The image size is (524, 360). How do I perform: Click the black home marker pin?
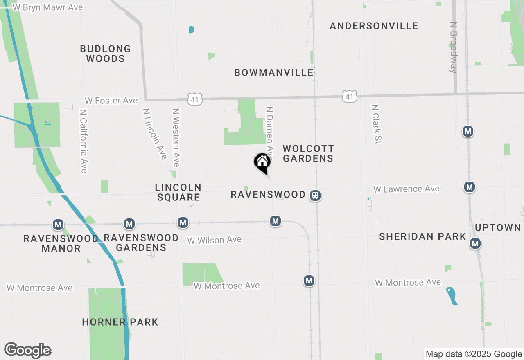point(262,162)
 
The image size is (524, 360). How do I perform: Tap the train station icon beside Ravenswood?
point(315,196)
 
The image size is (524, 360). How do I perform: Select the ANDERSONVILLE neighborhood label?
point(374,26)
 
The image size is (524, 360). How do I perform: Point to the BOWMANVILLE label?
point(274,72)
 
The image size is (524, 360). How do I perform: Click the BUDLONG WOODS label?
point(105,54)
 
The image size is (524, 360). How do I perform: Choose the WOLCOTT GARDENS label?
point(308,153)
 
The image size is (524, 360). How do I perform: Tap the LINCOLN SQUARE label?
point(178,192)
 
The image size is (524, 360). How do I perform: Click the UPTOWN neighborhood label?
point(498,227)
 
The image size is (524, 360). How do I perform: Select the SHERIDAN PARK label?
point(422,236)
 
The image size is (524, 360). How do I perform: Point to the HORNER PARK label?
point(120,322)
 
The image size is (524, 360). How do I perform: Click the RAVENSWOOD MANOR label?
point(61,243)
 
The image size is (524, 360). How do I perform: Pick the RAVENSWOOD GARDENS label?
point(141,243)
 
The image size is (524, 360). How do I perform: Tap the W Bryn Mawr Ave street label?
point(47,7)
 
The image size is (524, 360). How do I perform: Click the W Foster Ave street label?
point(111,100)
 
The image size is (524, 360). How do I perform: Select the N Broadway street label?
point(453,47)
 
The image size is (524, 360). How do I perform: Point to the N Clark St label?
point(376,124)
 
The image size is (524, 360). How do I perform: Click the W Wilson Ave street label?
point(215,240)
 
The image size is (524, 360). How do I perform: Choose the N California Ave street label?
point(84,141)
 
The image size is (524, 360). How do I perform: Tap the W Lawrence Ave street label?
point(406,189)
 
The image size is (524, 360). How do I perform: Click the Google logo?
point(27,350)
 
